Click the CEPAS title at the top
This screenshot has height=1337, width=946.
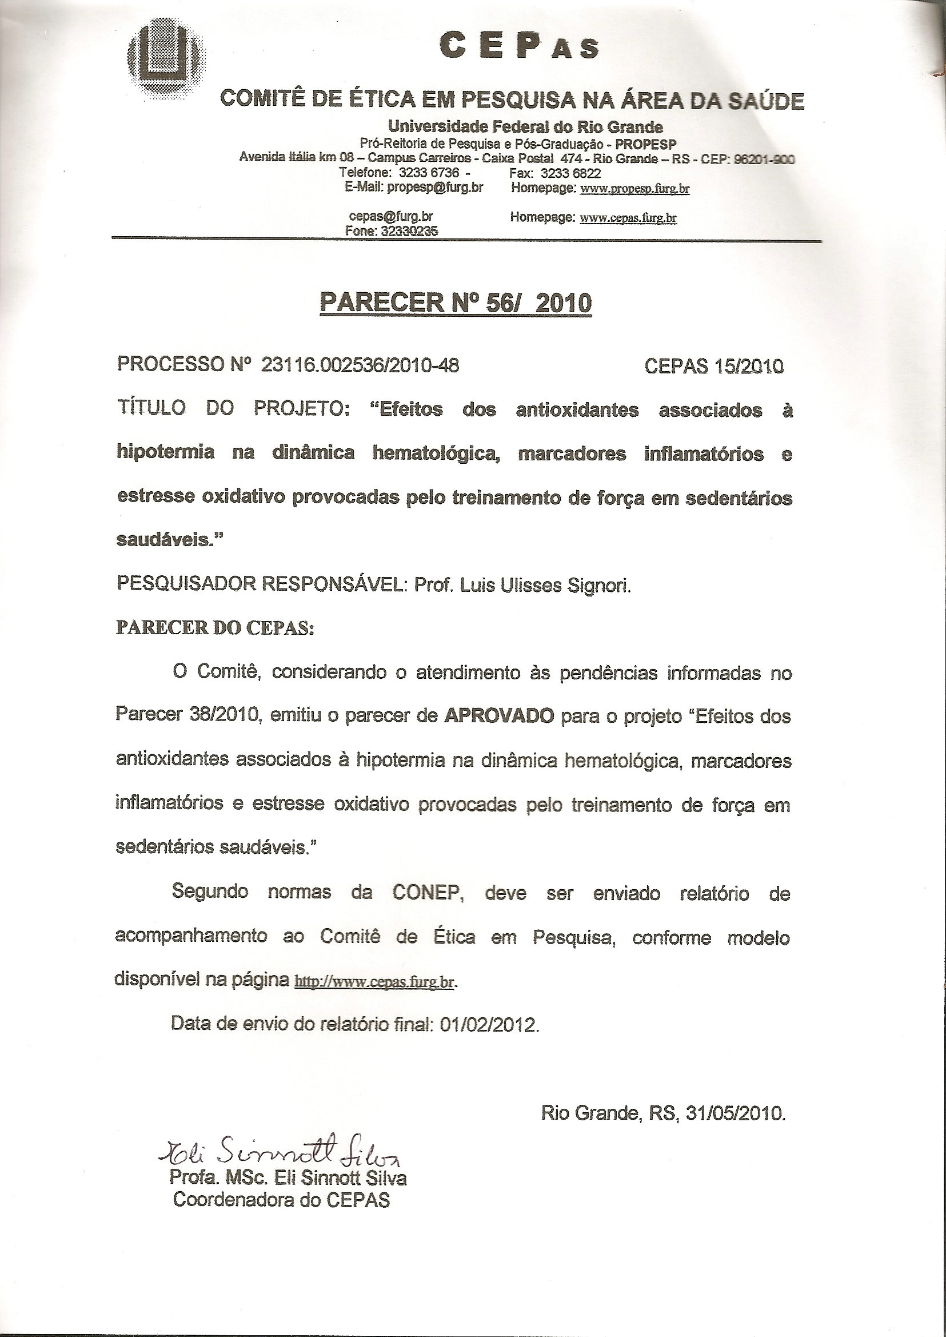click(519, 46)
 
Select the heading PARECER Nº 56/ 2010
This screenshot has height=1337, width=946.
click(456, 303)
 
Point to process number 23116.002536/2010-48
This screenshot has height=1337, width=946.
click(360, 365)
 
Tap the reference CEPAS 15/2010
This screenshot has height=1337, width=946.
click(713, 366)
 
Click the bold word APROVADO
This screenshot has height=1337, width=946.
click(498, 716)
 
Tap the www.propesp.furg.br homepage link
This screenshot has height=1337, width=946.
click(635, 188)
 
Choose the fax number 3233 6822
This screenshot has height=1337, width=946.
click(570, 173)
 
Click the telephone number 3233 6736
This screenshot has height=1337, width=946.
click(429, 173)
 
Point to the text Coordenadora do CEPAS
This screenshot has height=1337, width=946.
click(281, 1201)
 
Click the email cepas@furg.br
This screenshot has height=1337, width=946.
click(390, 217)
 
